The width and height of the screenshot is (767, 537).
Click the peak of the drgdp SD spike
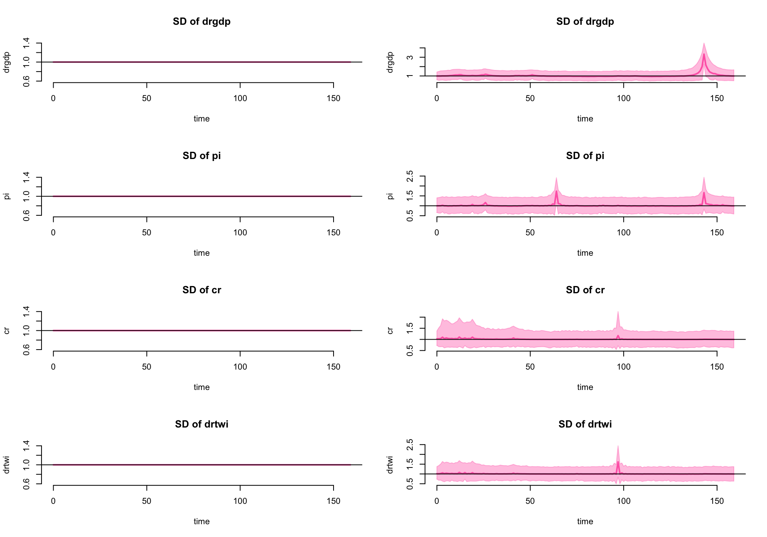coord(703,54)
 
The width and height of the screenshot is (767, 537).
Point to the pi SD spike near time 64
coord(556,191)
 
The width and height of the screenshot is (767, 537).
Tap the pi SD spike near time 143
coord(703,193)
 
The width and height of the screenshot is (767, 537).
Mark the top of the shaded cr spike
coord(618,312)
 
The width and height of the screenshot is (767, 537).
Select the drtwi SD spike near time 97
coord(618,462)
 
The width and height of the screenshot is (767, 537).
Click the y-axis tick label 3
coord(410,58)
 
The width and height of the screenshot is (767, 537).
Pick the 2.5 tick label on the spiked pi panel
coord(410,176)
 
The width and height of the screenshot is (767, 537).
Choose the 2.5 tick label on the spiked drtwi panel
coord(410,444)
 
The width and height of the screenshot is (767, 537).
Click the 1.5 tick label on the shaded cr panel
coord(410,328)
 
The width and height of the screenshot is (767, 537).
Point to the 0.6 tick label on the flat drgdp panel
coord(26,81)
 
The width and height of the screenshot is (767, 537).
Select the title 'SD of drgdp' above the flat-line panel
coord(201,22)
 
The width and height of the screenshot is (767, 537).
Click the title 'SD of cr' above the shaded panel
coord(585,290)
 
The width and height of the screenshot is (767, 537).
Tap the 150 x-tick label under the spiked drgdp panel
coord(717,98)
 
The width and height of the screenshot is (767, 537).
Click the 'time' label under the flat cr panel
coord(201,387)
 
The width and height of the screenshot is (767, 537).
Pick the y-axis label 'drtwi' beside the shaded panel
coord(390,465)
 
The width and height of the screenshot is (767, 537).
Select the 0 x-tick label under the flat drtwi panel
coord(53,501)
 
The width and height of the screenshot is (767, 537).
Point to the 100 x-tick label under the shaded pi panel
coord(623,233)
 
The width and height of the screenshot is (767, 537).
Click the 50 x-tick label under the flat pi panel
coord(147,233)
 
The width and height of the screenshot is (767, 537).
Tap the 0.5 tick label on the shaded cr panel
coord(410,350)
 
